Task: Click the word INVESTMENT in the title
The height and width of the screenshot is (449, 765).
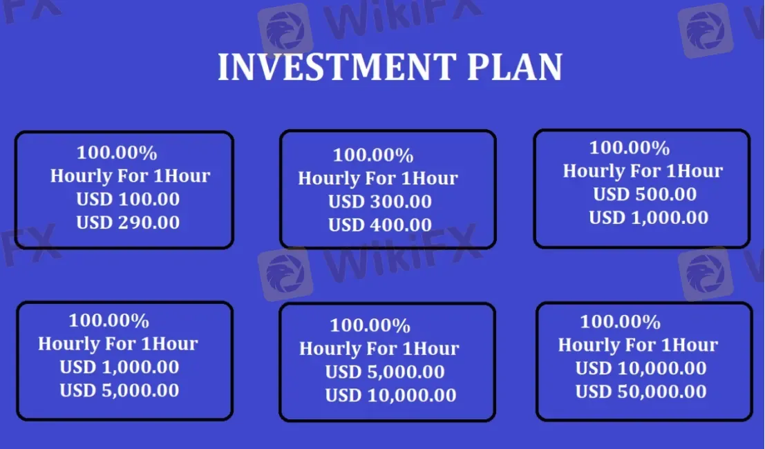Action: tap(336, 67)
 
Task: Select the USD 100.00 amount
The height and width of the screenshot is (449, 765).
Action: tap(128, 200)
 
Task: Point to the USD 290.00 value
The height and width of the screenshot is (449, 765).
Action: tap(128, 222)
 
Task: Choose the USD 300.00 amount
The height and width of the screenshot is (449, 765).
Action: tap(380, 202)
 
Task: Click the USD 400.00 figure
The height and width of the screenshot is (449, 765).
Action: tap(380, 224)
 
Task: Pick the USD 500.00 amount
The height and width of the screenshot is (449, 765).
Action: tap(645, 195)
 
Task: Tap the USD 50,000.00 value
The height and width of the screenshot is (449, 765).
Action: tap(641, 392)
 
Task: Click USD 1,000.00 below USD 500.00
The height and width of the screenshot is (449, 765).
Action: tap(648, 218)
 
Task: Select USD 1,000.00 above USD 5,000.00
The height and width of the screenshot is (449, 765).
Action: tap(119, 367)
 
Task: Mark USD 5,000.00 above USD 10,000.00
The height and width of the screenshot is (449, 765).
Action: tap(385, 372)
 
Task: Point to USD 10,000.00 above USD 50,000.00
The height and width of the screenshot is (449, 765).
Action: tap(641, 368)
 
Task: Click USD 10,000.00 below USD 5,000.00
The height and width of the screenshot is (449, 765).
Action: tap(390, 395)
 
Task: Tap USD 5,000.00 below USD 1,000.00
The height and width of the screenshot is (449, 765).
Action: tap(119, 390)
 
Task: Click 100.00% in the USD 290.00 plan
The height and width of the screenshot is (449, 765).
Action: tap(117, 153)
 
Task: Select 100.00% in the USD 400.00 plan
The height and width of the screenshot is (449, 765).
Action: tap(373, 155)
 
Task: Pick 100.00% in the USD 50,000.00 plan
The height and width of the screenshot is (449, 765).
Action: tap(620, 322)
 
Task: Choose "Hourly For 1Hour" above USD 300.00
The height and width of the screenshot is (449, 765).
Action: tap(378, 178)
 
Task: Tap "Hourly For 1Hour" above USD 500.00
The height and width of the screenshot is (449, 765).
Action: tap(643, 171)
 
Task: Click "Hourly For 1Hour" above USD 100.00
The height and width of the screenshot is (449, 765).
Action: tap(130, 175)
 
